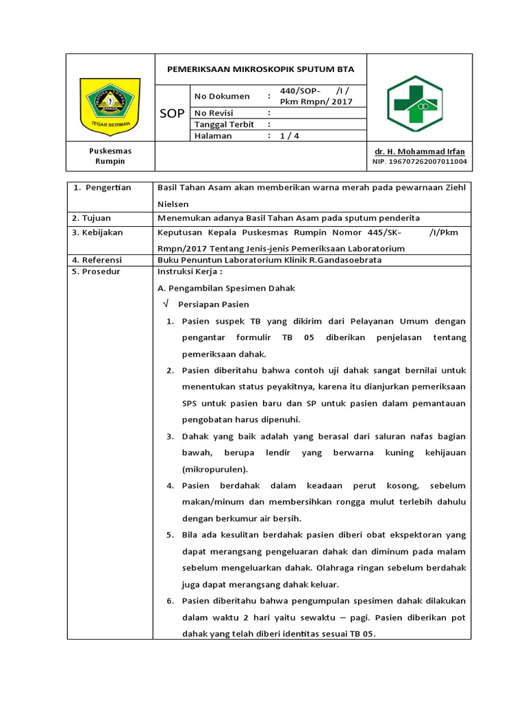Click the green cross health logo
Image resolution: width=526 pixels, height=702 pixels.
click(x=414, y=104)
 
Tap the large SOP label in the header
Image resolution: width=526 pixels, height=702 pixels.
click(x=172, y=114)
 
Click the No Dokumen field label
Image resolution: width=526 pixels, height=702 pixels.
click(x=223, y=97)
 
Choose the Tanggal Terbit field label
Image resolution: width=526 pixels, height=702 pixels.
click(x=225, y=124)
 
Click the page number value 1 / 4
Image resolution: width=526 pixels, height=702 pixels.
click(x=290, y=136)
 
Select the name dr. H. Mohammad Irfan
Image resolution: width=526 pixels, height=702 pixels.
click(x=419, y=152)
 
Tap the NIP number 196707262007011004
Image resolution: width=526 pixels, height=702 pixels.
click(x=419, y=162)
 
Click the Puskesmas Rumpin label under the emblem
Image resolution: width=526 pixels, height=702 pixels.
click(x=110, y=156)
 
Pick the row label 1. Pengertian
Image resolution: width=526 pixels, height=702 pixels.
click(x=102, y=187)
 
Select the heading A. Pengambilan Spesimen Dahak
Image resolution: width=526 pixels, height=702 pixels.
click(x=226, y=289)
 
